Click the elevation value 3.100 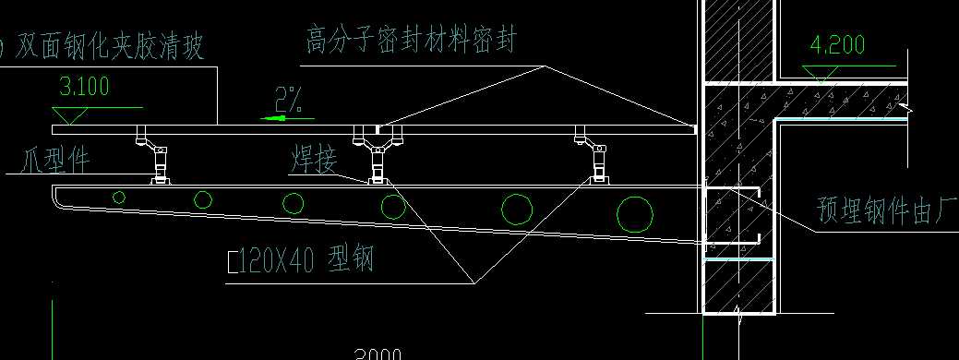[84, 88]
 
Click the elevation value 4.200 [836, 45]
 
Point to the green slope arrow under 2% [282, 118]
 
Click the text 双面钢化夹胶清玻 [111, 46]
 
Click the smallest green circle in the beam [119, 196]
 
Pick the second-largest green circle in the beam [516, 210]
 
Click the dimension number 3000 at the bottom [378, 354]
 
